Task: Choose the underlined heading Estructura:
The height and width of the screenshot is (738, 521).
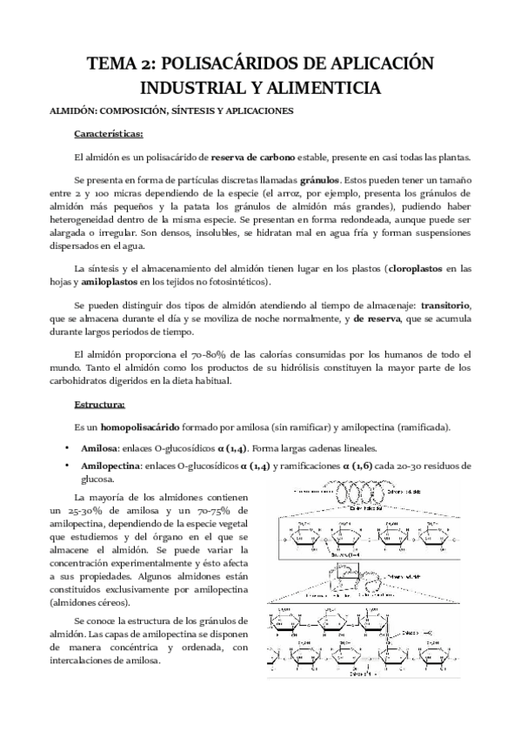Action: [100, 404]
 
